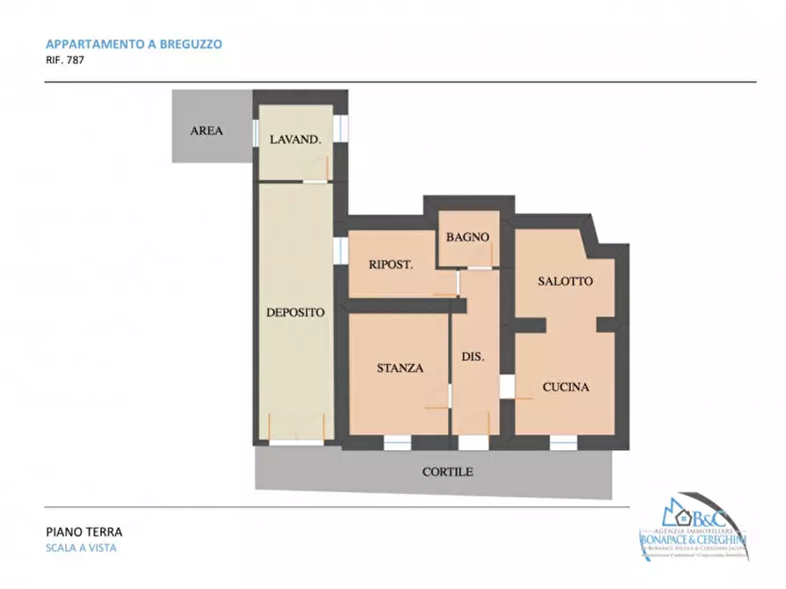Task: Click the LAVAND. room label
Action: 295,139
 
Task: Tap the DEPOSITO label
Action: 295,312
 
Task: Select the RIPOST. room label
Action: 391,264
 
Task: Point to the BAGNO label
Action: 466,237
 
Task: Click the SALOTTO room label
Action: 565,281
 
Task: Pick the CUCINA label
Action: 565,387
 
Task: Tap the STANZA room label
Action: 400,368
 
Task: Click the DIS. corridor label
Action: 474,357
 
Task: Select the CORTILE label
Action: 447,472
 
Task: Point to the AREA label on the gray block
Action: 207,131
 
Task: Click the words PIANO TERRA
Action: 84,532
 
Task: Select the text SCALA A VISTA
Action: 81,549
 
